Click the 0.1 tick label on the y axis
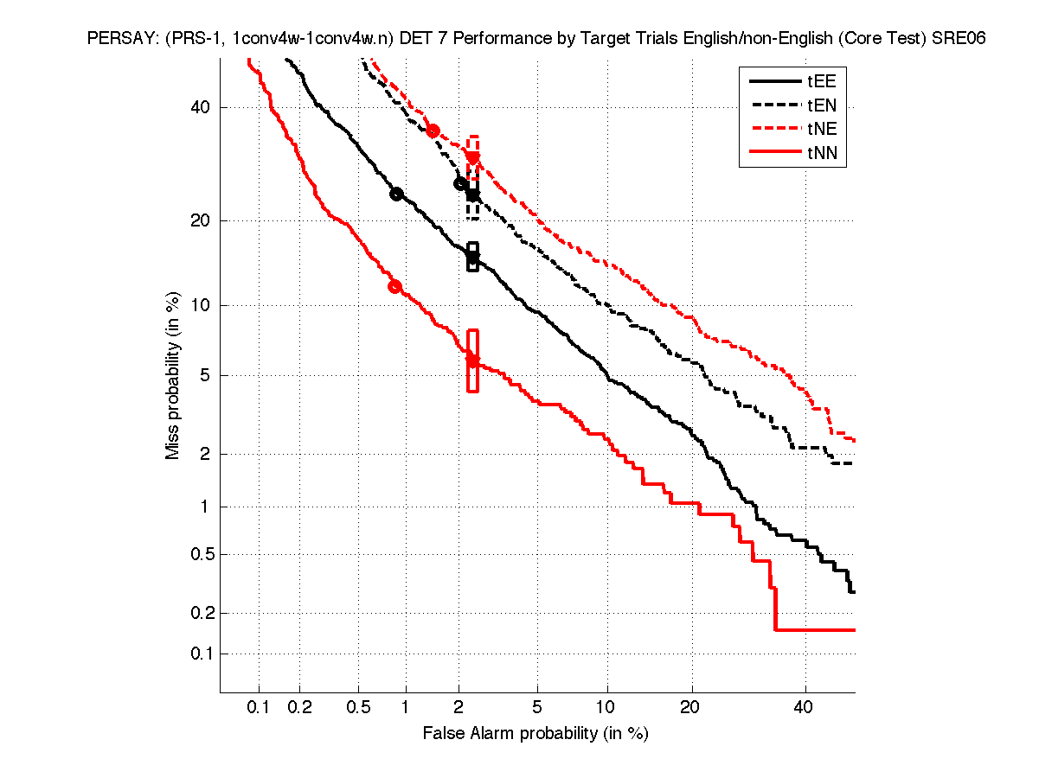click(x=200, y=654)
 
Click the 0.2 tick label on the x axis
click(x=300, y=709)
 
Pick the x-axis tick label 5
click(x=537, y=709)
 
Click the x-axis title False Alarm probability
click(x=536, y=734)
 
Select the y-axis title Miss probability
click(x=173, y=375)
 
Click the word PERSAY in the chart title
click(x=116, y=39)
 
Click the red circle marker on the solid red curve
click(x=395, y=287)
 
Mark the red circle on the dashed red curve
click(x=433, y=131)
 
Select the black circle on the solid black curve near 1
click(x=396, y=194)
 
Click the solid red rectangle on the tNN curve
click(x=473, y=360)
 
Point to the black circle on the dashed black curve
click(x=460, y=183)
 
